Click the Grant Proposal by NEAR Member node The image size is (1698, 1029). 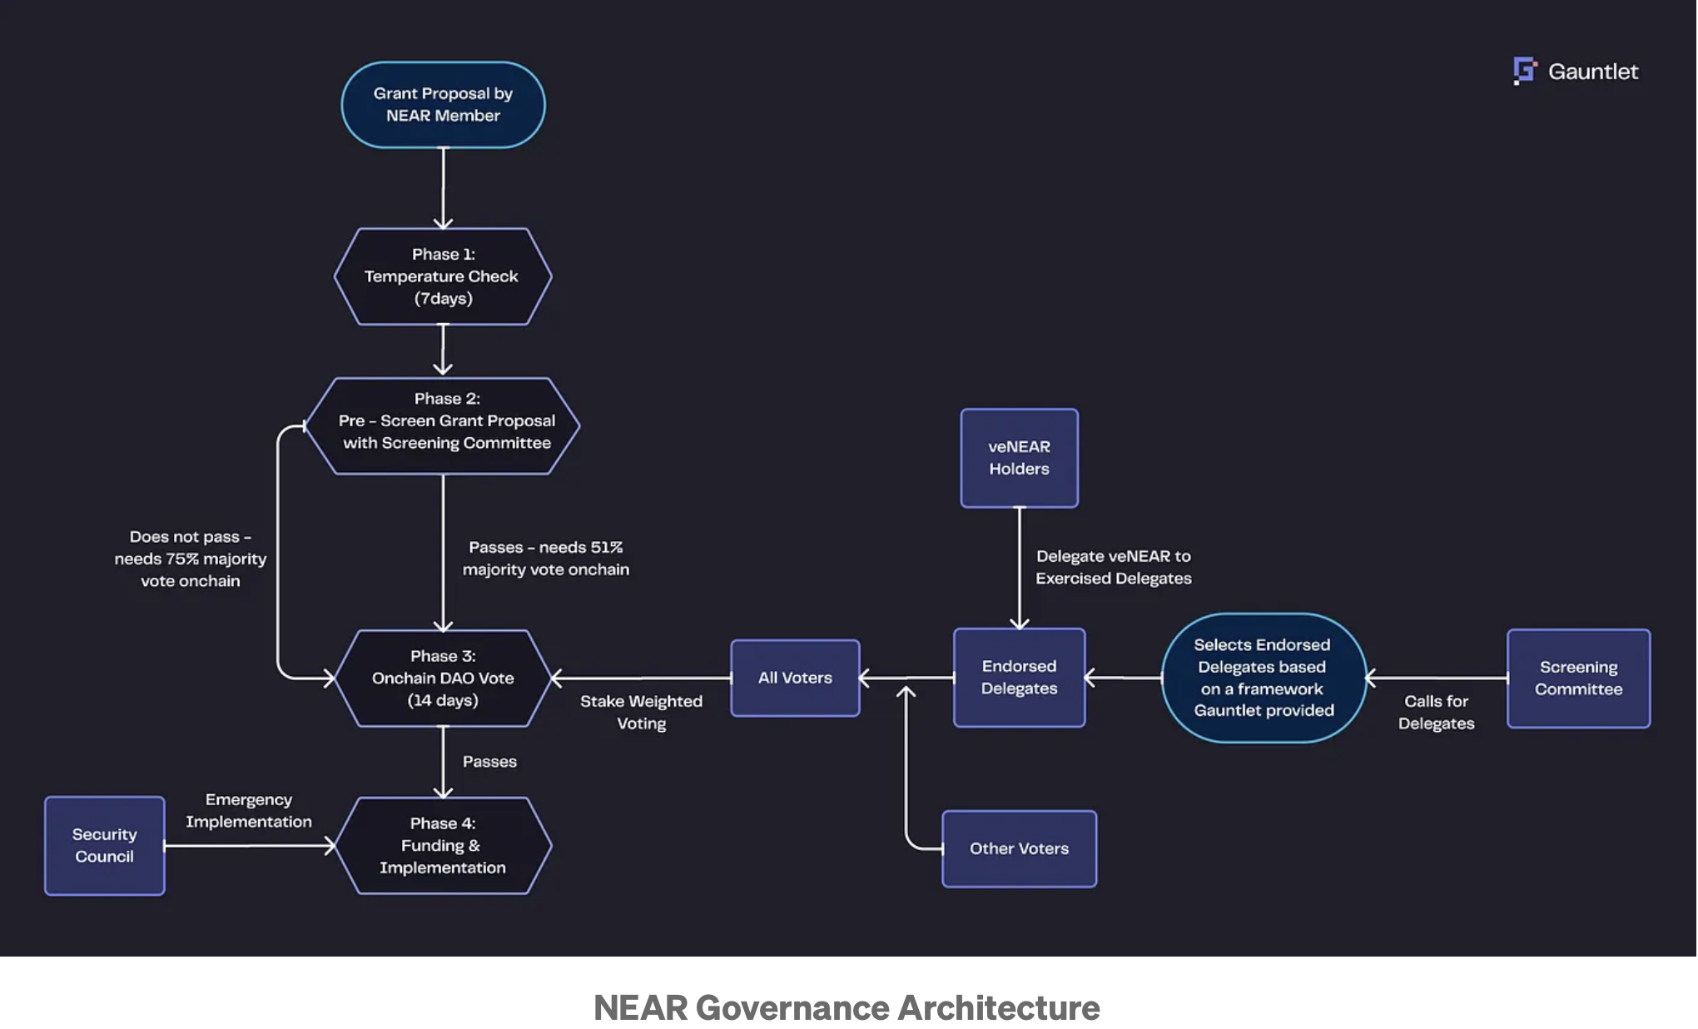pos(443,105)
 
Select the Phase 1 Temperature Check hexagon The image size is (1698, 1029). pos(443,276)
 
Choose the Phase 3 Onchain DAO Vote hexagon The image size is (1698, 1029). pos(443,679)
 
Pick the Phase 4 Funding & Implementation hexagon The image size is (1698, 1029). pos(443,846)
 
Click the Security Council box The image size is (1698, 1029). pos(105,846)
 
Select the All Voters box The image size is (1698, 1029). pos(795,678)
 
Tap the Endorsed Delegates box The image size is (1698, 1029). pos(1019,678)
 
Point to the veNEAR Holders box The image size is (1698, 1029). pos(1019,458)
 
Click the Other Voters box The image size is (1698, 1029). pos(1019,848)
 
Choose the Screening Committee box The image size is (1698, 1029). pos(1578,678)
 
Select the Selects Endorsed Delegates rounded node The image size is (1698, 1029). pos(1264,678)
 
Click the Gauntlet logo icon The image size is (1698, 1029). pos(1524,71)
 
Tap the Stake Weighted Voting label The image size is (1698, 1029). pos(641,713)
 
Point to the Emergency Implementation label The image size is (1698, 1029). pos(249,810)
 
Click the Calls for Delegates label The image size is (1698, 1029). pos(1436,713)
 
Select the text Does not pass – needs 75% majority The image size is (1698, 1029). pos(191,548)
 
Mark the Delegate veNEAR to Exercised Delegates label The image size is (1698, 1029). pos(1113,567)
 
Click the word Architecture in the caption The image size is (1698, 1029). pos(999,1008)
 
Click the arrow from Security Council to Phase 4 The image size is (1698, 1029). pos(250,846)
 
